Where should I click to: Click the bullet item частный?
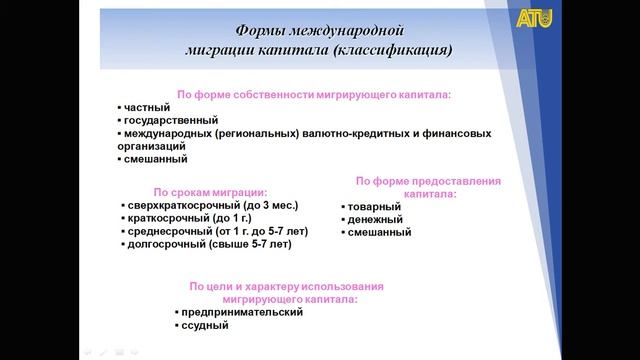pos(146,106)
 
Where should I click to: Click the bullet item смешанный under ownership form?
pos(155,158)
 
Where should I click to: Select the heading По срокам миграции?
pos(210,190)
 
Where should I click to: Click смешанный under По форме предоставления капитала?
pos(379,232)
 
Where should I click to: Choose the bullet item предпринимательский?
pos(241,312)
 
